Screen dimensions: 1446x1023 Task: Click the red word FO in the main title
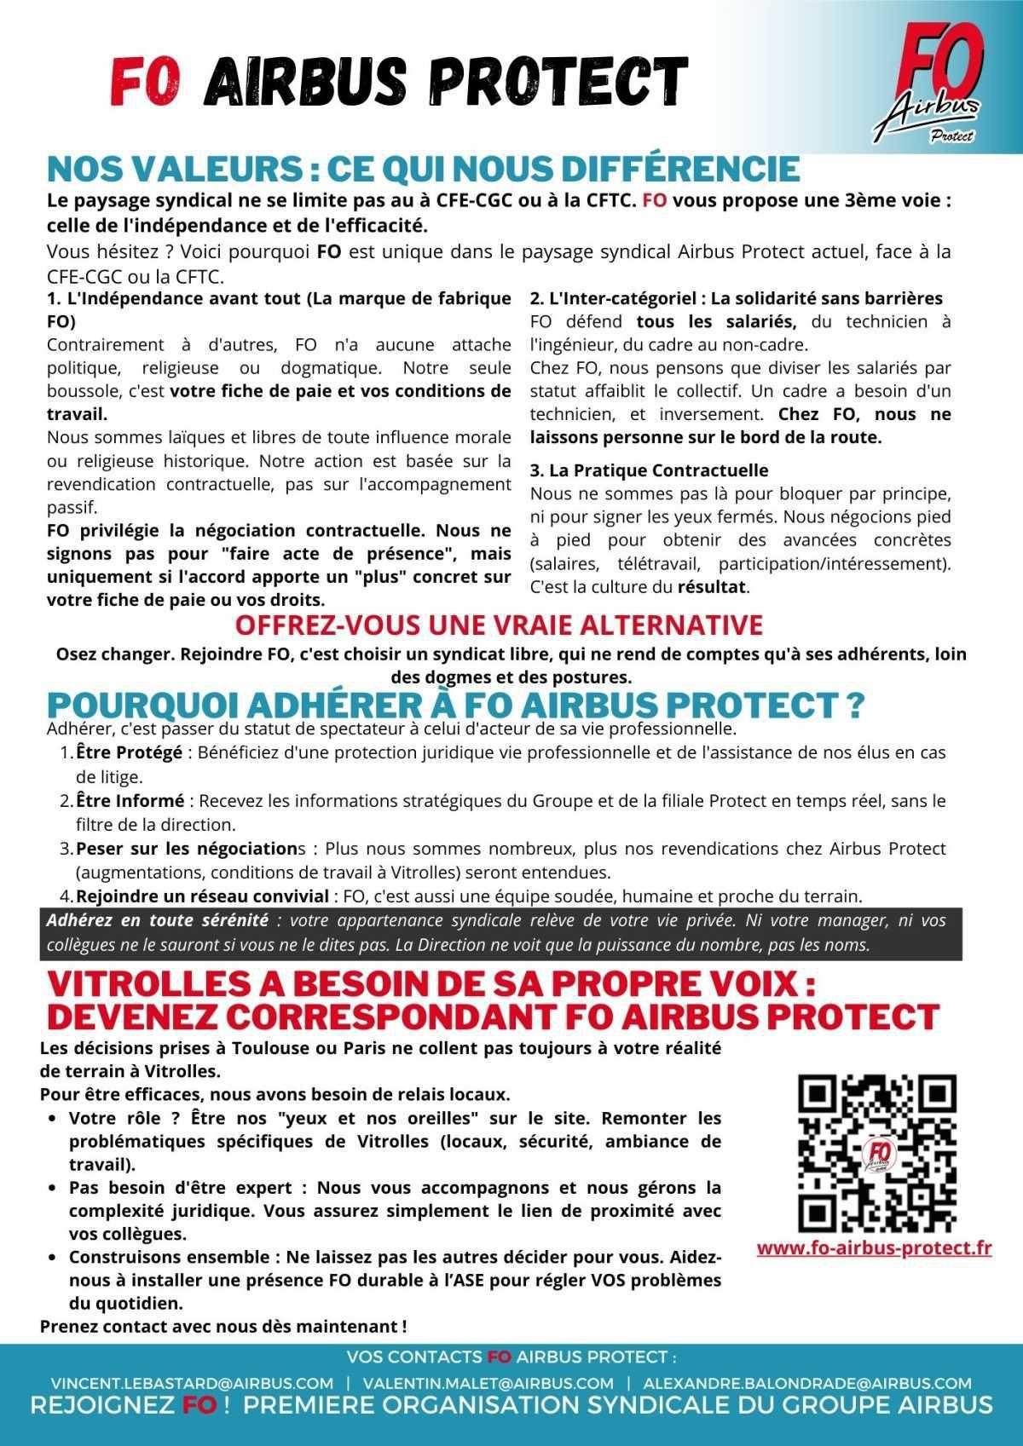[x=146, y=83]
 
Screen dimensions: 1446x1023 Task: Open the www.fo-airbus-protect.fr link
[x=874, y=1247]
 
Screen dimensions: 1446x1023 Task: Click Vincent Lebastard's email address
[x=191, y=1383]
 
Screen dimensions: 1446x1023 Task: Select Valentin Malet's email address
[x=488, y=1383]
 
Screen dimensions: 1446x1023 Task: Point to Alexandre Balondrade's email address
[x=807, y=1383]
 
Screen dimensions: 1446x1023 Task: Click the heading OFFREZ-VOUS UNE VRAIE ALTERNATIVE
[x=499, y=625]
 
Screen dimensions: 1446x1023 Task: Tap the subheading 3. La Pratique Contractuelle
[x=649, y=470]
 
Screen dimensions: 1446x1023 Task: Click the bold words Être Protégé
[x=129, y=753]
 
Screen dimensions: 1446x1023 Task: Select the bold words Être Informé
[x=130, y=801]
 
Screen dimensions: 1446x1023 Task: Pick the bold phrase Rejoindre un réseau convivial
[x=202, y=896]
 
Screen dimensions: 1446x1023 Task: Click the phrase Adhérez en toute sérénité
[x=157, y=920]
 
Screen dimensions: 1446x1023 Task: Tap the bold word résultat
[x=712, y=586]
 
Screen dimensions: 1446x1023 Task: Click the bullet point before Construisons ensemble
[x=52, y=1258]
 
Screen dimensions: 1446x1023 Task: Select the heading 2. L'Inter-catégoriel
[x=615, y=298]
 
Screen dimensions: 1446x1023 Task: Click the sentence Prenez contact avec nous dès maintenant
[x=223, y=1326]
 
